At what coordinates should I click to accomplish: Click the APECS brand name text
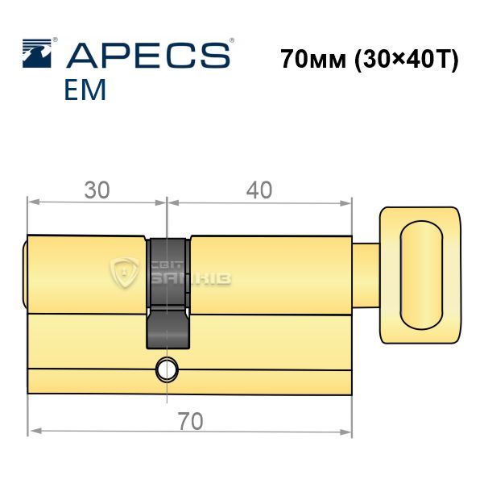pyautogui.click(x=148, y=56)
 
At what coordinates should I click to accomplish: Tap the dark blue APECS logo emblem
pyautogui.click(x=37, y=53)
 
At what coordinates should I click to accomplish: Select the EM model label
pyautogui.click(x=85, y=90)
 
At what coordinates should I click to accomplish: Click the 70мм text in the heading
pyautogui.click(x=313, y=59)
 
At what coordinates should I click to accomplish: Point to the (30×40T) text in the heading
pyautogui.click(x=407, y=60)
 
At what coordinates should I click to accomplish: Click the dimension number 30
pyautogui.click(x=97, y=190)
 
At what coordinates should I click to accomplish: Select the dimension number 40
pyautogui.click(x=259, y=190)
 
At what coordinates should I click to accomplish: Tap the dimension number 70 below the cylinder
pyautogui.click(x=190, y=421)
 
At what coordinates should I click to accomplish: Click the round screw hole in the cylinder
pyautogui.click(x=167, y=369)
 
